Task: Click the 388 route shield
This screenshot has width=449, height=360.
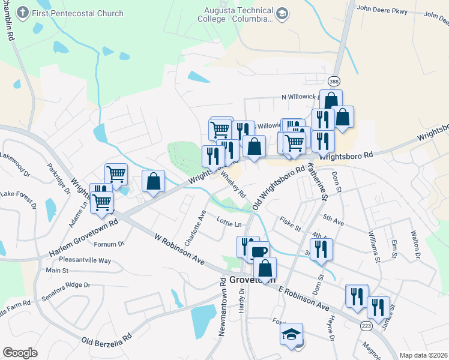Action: [x=334, y=80]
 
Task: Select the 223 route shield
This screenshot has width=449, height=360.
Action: [x=366, y=325]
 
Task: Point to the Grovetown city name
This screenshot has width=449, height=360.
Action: [x=252, y=280]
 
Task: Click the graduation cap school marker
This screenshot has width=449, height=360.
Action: [x=291, y=334]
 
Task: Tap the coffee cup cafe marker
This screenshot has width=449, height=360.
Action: [x=259, y=251]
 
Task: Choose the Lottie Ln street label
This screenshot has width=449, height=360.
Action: [x=229, y=223]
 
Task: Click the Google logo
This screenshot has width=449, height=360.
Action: [x=20, y=353]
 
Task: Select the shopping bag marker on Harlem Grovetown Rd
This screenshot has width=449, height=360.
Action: [x=154, y=181]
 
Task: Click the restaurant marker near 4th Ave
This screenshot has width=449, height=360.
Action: [x=322, y=248]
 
